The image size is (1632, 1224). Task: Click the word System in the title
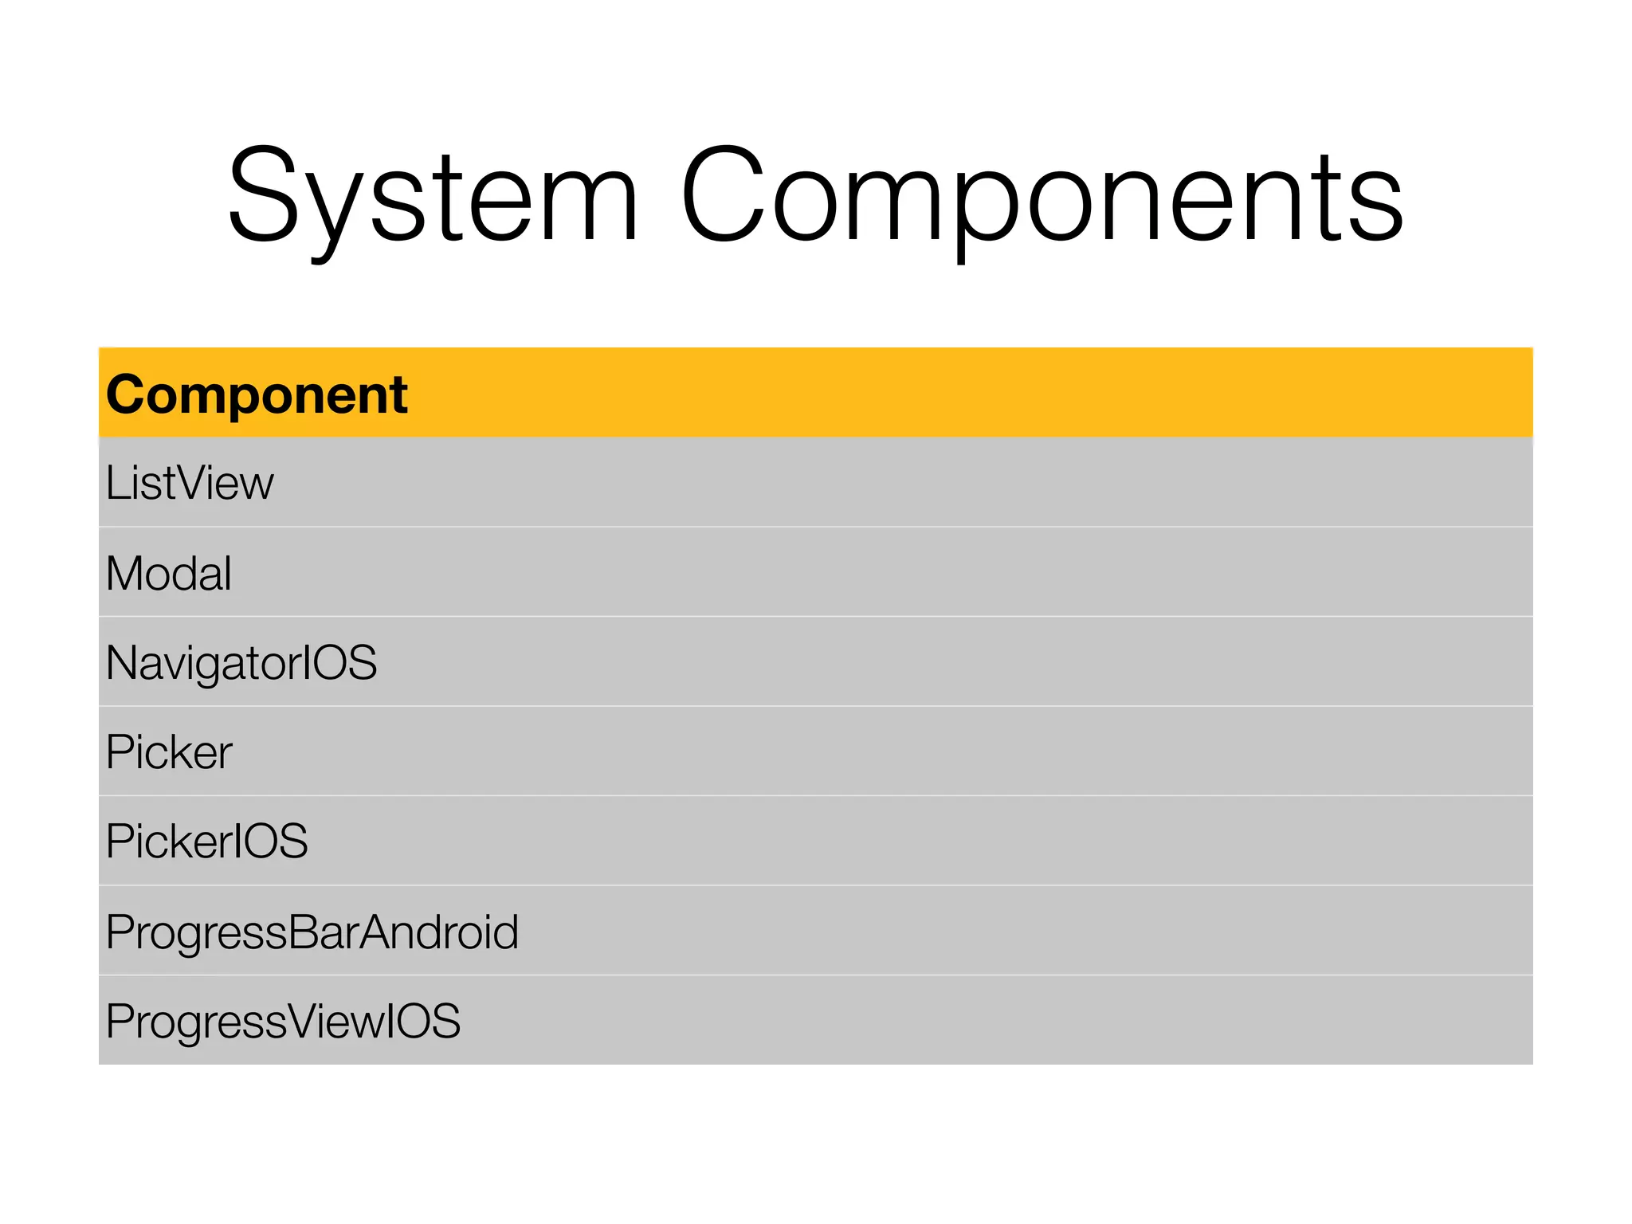433,195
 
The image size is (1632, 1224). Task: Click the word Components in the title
1041,195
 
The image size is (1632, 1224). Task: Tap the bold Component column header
257,394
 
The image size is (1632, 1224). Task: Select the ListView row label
190,483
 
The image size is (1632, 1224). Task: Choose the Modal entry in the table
169,573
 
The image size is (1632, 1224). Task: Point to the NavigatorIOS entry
241,663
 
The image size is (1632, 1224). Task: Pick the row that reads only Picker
169,752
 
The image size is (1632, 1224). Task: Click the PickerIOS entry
206,841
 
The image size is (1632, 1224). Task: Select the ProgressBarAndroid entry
312,932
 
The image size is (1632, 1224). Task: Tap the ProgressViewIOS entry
283,1021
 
